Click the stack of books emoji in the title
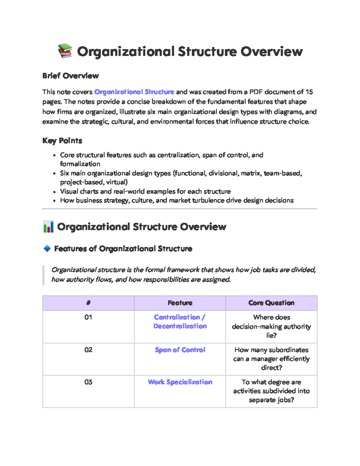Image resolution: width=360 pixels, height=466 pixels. click(65, 51)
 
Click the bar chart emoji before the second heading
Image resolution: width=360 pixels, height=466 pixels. click(48, 227)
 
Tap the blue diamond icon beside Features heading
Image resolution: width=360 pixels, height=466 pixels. click(47, 248)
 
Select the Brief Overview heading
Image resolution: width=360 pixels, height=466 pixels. click(70, 76)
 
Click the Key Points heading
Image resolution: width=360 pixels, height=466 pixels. click(62, 140)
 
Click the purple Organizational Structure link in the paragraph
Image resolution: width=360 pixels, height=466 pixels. click(134, 92)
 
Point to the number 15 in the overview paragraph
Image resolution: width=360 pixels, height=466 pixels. click(309, 92)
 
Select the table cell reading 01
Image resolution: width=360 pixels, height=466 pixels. click(88, 317)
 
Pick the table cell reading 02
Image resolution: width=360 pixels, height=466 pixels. click(88, 350)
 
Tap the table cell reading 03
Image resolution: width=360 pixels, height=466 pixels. click(88, 382)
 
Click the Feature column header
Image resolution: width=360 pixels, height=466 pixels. click(180, 303)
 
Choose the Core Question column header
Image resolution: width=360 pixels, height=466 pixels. click(271, 303)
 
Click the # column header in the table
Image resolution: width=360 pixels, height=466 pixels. click(88, 303)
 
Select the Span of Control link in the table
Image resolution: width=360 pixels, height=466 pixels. click(180, 350)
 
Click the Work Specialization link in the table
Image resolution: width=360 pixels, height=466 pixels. click(180, 382)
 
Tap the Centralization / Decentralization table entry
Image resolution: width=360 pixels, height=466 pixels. click(180, 322)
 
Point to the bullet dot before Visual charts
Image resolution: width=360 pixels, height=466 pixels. click(54, 192)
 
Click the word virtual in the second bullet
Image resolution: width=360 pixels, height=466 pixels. click(116, 182)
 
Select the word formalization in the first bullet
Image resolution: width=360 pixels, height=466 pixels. click(80, 164)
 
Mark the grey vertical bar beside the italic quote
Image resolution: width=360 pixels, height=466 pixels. click(43, 275)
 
